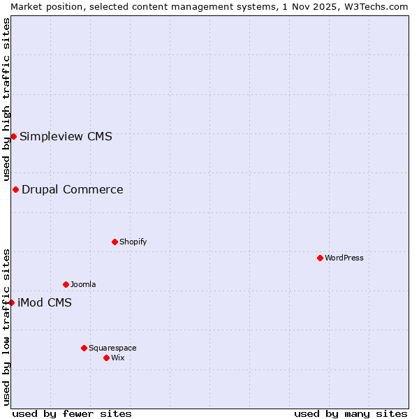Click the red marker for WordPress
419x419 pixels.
tap(320, 258)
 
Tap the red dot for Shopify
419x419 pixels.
tap(115, 242)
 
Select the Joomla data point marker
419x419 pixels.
tap(66, 284)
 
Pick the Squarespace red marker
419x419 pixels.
tap(84, 348)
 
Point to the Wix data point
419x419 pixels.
tap(106, 358)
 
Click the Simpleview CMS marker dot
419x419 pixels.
tap(13, 136)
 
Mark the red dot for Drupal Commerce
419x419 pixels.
tap(15, 189)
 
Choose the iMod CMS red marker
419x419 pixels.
tap(11, 302)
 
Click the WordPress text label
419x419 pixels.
tap(344, 258)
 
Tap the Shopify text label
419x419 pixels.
tap(133, 242)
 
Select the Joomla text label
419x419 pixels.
tap(83, 284)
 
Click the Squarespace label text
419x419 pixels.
tap(112, 348)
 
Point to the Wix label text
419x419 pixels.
tap(118, 358)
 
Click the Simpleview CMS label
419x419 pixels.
tap(66, 136)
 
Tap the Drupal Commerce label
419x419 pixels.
tap(73, 189)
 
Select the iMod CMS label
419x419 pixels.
tap(45, 302)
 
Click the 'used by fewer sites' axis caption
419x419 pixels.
tap(72, 413)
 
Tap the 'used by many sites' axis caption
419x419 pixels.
tap(351, 413)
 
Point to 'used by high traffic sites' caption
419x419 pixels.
tap(6, 99)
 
